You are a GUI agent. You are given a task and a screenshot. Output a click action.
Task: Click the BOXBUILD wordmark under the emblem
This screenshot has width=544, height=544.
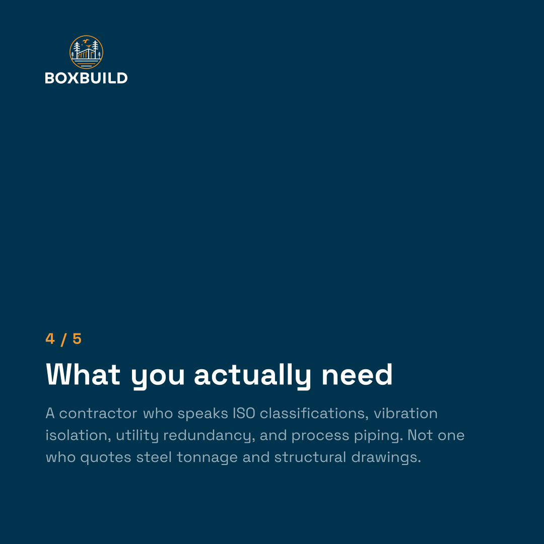point(87,78)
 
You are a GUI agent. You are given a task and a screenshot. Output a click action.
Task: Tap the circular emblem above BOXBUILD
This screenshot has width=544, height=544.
point(87,52)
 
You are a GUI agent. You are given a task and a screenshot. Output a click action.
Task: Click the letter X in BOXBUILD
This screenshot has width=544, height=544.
point(73,78)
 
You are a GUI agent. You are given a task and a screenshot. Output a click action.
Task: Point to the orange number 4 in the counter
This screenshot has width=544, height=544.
point(50,338)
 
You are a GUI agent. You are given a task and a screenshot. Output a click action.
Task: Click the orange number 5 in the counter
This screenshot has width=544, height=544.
point(77,338)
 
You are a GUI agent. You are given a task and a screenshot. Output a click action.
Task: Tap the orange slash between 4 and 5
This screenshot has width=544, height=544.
point(63,339)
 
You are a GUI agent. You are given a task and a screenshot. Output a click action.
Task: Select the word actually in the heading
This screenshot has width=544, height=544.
point(252,376)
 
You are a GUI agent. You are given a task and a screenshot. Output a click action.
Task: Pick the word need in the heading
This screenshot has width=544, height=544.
point(357,374)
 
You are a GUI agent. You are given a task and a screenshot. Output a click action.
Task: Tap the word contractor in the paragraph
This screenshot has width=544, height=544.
point(98,414)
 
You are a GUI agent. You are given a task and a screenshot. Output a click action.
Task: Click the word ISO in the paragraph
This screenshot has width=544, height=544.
point(244,413)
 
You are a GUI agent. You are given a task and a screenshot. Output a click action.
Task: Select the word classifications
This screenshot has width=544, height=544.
point(314,413)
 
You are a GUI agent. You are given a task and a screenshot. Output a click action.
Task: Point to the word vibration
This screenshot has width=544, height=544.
point(405,413)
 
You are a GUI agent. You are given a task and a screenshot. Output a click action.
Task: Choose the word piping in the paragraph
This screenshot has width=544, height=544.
point(378,436)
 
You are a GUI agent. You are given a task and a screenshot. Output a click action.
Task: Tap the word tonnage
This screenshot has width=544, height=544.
point(207,458)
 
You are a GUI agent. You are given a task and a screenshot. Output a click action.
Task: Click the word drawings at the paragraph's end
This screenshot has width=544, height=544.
point(386,457)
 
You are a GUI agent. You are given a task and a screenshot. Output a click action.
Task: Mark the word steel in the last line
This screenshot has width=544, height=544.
point(154,457)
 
